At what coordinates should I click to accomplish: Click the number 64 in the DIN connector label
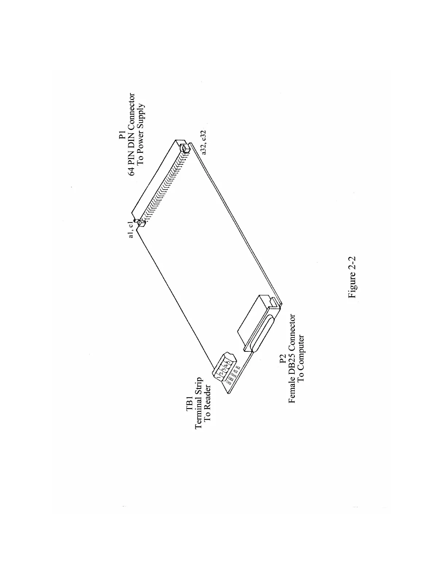click(x=132, y=170)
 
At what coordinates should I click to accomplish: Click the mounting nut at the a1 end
click(x=140, y=223)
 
